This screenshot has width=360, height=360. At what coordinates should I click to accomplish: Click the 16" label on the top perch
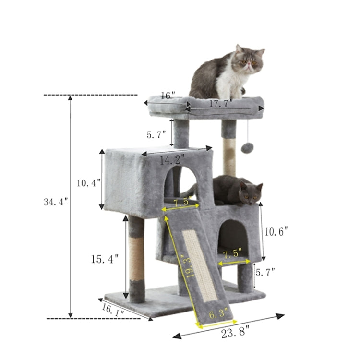coord(168,96)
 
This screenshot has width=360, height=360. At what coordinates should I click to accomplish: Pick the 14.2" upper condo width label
coord(173,159)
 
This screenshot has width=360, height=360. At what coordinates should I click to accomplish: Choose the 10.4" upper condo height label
coord(88,182)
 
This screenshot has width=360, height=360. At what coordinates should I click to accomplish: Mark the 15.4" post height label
coord(104,259)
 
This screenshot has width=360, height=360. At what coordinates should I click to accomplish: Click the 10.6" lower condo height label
coord(276,231)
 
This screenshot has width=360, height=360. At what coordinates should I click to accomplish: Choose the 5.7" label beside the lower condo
coord(265,273)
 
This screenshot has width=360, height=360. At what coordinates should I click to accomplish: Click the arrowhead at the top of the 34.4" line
coord(71,98)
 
